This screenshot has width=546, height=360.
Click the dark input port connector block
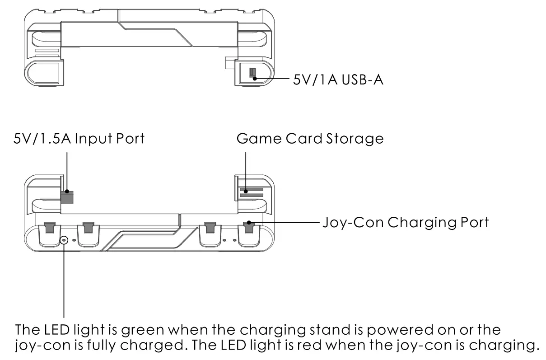click(67, 196)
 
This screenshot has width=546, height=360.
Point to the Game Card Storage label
click(310, 138)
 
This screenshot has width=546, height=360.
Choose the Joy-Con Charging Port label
click(405, 222)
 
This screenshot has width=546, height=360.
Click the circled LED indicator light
click(64, 240)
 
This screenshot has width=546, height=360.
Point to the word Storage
click(355, 138)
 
